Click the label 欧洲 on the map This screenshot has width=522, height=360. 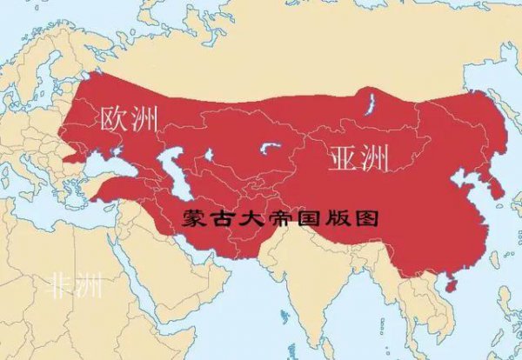129,121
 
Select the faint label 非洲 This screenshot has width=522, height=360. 75,284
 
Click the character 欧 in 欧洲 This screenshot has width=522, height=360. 114,121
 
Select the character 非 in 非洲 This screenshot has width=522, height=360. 61,284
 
